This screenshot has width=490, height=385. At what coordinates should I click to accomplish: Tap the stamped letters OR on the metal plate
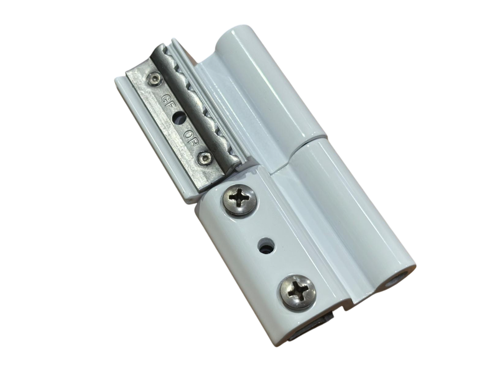(190, 138)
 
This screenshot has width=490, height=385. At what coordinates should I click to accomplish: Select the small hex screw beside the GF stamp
(154, 79)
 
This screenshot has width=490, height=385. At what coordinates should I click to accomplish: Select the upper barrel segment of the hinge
(266, 88)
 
